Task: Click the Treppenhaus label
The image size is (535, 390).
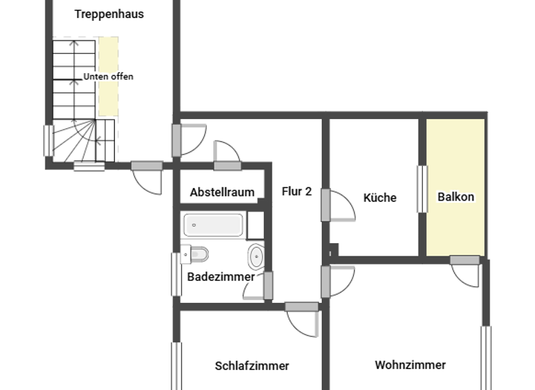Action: [109, 14]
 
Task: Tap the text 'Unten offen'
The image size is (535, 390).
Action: [108, 77]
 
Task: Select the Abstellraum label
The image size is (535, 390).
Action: [222, 192]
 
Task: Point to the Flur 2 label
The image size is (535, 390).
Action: [297, 191]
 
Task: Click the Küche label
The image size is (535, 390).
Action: [380, 198]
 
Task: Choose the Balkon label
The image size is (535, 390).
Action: [456, 197]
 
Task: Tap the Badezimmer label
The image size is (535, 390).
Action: [221, 276]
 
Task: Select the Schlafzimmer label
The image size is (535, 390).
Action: [251, 366]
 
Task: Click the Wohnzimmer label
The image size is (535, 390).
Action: [410, 365]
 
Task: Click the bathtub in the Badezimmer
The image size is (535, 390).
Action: [214, 224]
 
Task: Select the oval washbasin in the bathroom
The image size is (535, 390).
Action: [256, 256]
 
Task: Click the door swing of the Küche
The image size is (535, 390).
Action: [343, 206]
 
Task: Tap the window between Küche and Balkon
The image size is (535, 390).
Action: [422, 188]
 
